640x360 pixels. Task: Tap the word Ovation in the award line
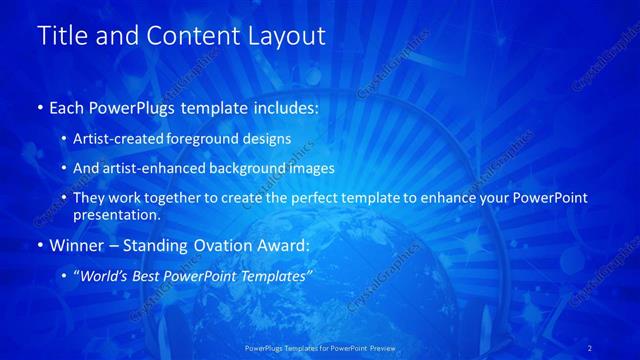pyautogui.click(x=205, y=245)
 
